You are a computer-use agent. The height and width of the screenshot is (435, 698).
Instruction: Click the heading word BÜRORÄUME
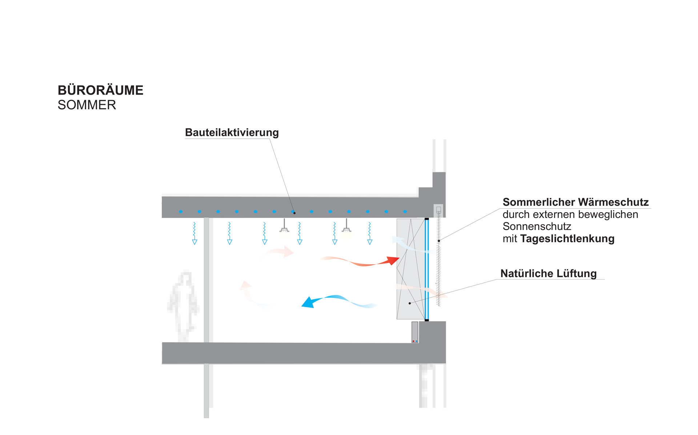100,90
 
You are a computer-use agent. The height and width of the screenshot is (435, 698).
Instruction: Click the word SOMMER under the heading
87,105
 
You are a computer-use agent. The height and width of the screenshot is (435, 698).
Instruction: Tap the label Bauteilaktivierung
232,133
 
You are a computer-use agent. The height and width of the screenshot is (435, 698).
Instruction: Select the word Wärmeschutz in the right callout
613,202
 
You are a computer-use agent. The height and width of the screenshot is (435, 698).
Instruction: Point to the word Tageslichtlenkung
567,239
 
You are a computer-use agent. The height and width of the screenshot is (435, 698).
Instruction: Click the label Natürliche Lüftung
548,273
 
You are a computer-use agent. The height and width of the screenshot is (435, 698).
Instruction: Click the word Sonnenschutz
537,226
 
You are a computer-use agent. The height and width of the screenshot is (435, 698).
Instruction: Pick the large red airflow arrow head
393,260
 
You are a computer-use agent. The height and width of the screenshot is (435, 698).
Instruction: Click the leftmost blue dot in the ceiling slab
181,211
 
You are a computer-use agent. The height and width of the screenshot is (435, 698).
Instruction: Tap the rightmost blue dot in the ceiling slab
405,211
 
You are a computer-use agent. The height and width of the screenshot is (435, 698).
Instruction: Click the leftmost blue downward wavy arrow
194,233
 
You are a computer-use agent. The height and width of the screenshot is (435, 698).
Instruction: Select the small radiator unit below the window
415,332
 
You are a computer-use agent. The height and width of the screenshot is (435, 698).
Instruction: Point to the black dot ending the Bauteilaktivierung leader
294,213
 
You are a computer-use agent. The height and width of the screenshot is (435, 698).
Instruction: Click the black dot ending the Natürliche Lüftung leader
410,303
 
